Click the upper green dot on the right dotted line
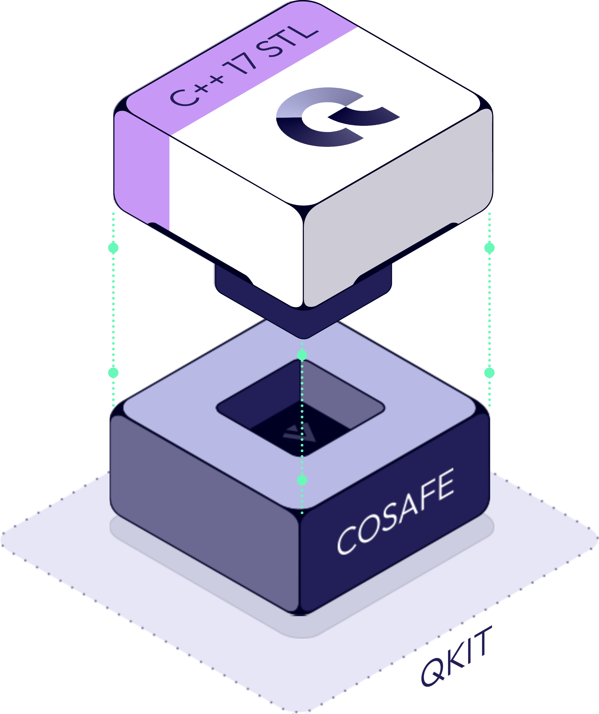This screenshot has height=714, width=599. (x=489, y=248)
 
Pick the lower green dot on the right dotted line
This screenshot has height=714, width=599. (x=489, y=373)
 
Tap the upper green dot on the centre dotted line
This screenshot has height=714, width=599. (x=302, y=355)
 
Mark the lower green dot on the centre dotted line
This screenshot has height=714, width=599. (x=302, y=480)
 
